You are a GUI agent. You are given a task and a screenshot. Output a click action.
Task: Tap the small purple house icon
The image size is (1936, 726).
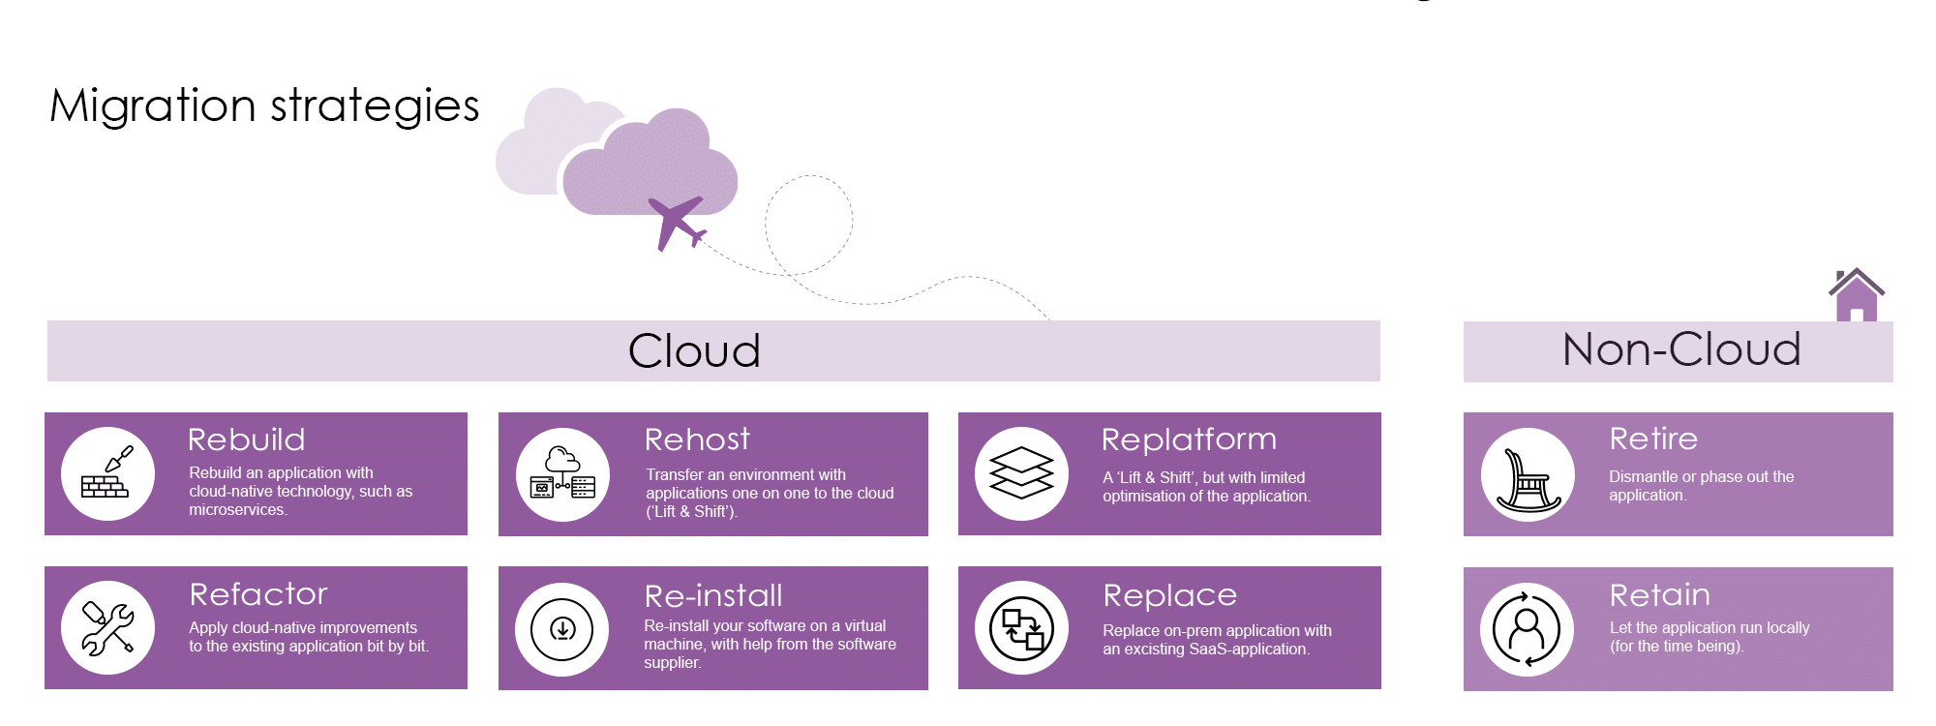1857,294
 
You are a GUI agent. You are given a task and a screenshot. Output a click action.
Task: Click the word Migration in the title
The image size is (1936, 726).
153,106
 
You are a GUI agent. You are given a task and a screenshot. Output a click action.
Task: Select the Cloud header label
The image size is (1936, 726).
694,350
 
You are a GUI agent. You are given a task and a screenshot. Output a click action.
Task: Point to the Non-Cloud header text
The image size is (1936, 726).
1681,349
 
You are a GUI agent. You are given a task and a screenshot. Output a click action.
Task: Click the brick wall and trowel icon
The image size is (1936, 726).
107,473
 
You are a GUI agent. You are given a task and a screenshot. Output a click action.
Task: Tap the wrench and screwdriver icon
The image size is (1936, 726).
107,628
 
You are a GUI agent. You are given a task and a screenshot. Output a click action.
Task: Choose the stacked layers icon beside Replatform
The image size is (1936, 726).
1021,473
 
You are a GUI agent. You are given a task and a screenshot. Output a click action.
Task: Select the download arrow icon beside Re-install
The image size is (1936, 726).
562,629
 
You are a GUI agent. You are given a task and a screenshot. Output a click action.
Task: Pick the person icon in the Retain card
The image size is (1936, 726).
1527,629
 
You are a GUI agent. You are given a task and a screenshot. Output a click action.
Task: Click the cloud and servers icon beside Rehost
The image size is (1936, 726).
562,473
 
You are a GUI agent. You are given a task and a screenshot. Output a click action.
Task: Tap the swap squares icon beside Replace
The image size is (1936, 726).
1021,628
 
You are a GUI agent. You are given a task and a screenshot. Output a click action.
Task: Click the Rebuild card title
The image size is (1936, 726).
247,439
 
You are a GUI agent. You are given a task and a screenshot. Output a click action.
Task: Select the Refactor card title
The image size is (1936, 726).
258,593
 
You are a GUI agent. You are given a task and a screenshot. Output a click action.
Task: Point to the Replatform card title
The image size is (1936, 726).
1189,439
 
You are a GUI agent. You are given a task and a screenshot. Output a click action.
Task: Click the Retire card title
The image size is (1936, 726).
1653,439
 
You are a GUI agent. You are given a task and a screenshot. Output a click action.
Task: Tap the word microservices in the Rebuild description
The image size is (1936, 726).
237,510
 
